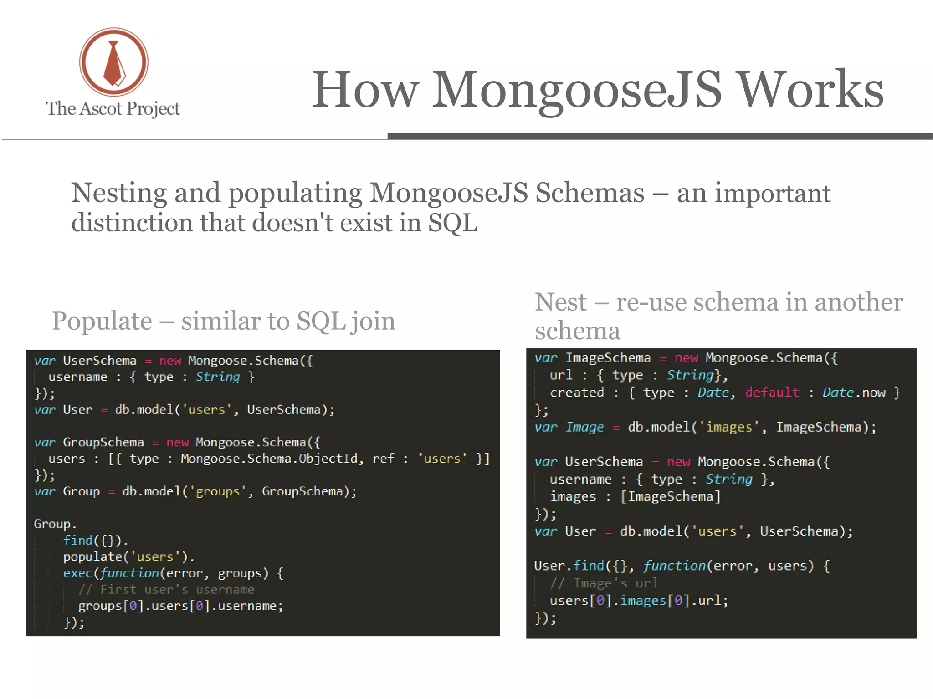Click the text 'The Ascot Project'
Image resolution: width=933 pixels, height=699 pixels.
coord(113,109)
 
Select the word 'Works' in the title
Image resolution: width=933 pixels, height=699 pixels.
coord(810,90)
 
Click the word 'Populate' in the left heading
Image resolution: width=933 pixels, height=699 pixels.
coord(102,321)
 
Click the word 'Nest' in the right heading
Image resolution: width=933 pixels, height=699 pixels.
coord(561,302)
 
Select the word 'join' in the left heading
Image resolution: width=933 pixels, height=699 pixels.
coord(373,321)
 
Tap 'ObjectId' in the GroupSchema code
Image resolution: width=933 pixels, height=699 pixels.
coord(328,459)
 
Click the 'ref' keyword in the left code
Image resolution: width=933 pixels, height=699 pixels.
coord(383,459)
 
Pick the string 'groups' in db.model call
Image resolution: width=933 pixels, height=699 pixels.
coord(218,491)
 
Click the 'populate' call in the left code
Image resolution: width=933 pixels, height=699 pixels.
coord(93,557)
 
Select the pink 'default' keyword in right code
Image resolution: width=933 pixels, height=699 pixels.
coord(772,393)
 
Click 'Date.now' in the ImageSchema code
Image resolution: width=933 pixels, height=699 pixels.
coord(854,393)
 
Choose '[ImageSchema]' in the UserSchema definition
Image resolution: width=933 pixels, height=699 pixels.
coord(671,496)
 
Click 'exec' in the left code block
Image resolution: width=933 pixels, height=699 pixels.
coord(78,573)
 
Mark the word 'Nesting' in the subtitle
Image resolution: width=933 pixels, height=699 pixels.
coord(119,193)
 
